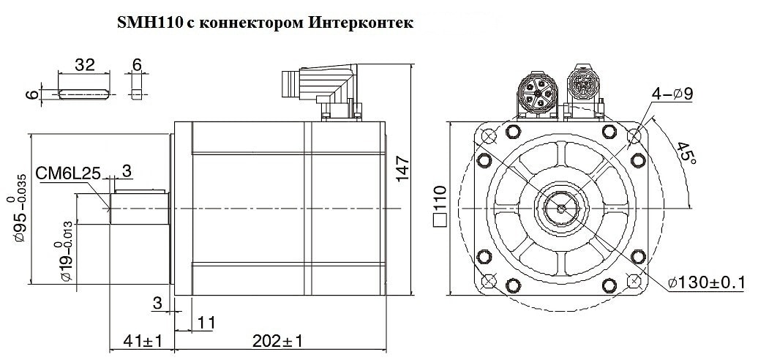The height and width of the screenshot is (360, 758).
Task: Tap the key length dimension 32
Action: point(84,64)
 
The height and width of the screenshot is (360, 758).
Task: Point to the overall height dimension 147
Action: point(402,169)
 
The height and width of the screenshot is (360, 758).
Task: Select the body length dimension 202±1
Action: point(278,341)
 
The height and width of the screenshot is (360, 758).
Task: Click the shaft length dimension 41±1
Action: point(142,341)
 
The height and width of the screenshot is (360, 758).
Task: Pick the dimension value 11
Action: point(205,323)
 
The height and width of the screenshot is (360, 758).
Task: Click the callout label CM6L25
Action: point(68,173)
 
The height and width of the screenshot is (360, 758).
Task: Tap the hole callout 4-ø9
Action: point(672,94)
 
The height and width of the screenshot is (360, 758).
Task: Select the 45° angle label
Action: point(685,154)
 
